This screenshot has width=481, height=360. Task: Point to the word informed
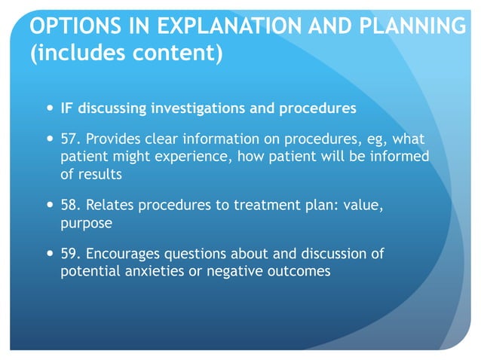click(x=398, y=157)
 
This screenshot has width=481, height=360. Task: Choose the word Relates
click(x=114, y=207)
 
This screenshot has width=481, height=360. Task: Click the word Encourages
click(x=129, y=255)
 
